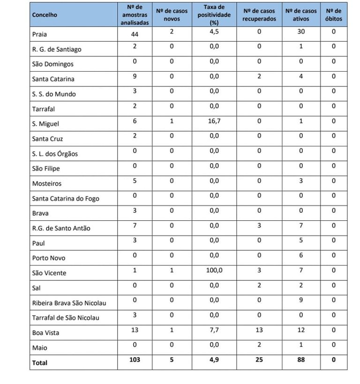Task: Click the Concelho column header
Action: pyautogui.click(x=45, y=15)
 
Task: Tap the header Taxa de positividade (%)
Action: pyautogui.click(x=214, y=15)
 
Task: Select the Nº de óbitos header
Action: pyautogui.click(x=334, y=15)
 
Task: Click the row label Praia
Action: pyautogui.click(x=39, y=34)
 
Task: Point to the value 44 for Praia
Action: pyautogui.click(x=135, y=34)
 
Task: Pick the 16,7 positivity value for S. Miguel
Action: pyautogui.click(x=214, y=121)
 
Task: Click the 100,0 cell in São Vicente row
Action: pyautogui.click(x=214, y=270)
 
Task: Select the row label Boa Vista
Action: pyautogui.click(x=45, y=333)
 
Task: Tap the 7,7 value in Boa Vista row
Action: pyautogui.click(x=214, y=330)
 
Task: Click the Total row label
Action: pyautogui.click(x=40, y=362)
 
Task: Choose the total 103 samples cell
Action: pyautogui.click(x=135, y=360)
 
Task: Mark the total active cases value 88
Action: pyautogui.click(x=301, y=360)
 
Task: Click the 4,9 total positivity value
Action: pyautogui.click(x=214, y=360)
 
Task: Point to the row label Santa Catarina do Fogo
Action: pyautogui.click(x=66, y=198)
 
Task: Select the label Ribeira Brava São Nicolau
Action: pyautogui.click(x=69, y=303)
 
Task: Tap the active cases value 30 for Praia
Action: pyautogui.click(x=301, y=31)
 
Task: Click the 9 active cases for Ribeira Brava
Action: pyautogui.click(x=301, y=300)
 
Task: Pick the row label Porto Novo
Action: pyautogui.click(x=49, y=258)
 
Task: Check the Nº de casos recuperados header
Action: pyautogui.click(x=259, y=15)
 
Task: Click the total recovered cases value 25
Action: pyautogui.click(x=259, y=360)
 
